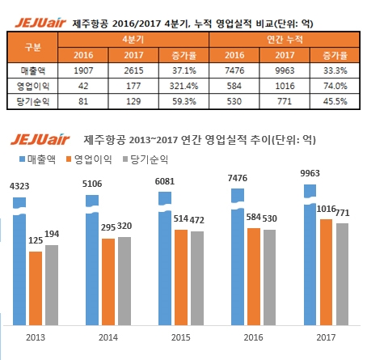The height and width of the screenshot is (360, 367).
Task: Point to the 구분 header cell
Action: tap(32, 47)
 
